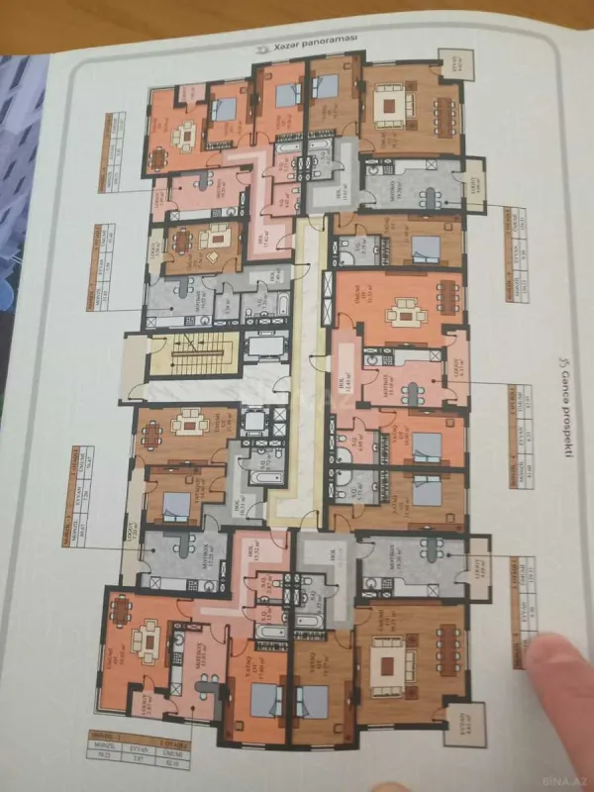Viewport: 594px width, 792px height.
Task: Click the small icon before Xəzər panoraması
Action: tap(259, 45)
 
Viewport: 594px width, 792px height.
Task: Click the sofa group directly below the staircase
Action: tap(187, 427)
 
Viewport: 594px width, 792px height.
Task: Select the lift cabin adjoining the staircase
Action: tap(264, 346)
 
